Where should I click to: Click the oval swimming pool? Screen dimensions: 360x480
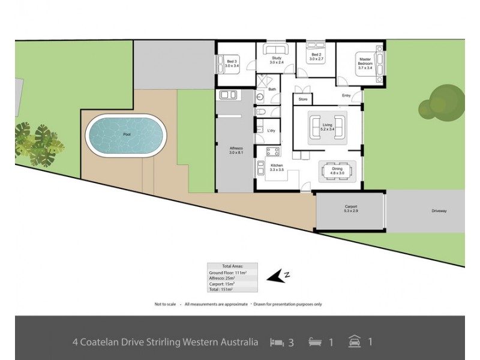coord(125,135)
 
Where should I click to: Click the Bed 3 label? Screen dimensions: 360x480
coord(232,63)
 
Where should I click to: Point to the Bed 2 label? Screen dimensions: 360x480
coord(316,58)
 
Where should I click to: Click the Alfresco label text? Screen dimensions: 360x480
coord(236,149)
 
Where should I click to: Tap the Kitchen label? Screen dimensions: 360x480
coord(276,168)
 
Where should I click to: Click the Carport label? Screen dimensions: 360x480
coord(351,208)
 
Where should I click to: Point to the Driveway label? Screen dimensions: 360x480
coord(439,211)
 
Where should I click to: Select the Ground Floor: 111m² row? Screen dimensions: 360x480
coord(232,272)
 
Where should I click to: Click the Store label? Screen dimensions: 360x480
coord(303,99)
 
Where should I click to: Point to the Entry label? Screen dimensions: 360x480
coord(346,95)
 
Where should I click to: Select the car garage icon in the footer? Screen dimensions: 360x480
coord(354,342)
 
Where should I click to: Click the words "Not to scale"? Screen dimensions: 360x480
coord(165,304)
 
